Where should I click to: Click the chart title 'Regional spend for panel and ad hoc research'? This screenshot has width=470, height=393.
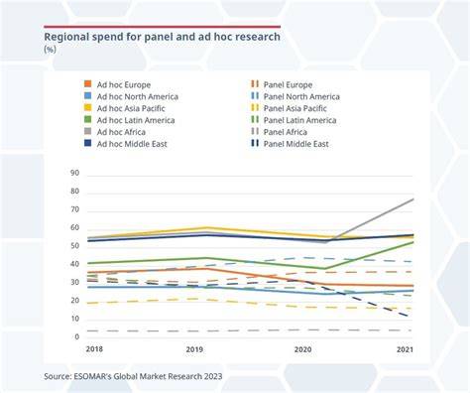(x=162, y=37)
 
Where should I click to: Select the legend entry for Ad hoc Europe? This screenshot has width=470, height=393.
(x=117, y=84)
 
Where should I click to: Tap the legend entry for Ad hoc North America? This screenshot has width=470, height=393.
(x=131, y=96)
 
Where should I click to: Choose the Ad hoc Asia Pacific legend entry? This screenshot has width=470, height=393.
(x=125, y=108)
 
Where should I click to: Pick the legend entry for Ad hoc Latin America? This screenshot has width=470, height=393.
(x=130, y=120)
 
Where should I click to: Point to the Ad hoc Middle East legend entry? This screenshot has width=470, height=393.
(x=126, y=144)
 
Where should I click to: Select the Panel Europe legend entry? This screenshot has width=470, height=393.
(x=282, y=84)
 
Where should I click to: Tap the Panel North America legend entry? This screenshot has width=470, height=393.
(x=295, y=96)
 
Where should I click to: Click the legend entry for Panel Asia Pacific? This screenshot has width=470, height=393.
(x=289, y=108)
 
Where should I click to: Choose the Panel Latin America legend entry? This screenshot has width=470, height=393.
(x=294, y=120)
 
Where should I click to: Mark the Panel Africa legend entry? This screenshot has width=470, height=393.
(x=279, y=132)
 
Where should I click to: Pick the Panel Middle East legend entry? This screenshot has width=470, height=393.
(x=290, y=144)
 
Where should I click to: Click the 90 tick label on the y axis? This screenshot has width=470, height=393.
(x=74, y=173)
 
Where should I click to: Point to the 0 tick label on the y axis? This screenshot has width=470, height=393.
(x=77, y=336)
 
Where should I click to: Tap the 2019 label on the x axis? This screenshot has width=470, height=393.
(x=194, y=349)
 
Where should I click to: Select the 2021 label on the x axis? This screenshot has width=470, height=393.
(x=406, y=349)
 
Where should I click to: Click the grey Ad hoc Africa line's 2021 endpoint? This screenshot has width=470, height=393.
(x=413, y=199)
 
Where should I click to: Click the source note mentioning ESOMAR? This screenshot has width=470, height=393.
(x=133, y=376)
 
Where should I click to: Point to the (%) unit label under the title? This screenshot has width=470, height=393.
(x=50, y=50)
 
